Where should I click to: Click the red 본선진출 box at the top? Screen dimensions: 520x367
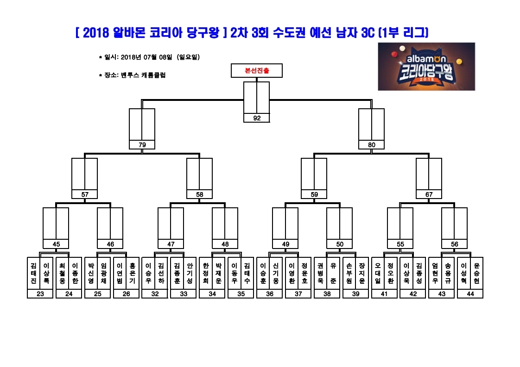[257, 70]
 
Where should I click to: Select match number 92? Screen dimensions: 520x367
[257, 118]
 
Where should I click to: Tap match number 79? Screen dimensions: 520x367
[142, 145]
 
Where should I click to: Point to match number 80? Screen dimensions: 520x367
[371, 145]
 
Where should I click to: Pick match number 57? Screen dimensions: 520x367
[84, 194]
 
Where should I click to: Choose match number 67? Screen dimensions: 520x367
[429, 194]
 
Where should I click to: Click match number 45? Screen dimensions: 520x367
[56, 244]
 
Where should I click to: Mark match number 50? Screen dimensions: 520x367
[340, 244]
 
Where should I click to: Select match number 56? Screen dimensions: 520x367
[454, 244]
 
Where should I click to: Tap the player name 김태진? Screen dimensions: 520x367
[33, 273]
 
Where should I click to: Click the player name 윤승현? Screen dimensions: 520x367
[476, 273]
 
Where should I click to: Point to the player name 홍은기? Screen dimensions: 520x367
[133, 273]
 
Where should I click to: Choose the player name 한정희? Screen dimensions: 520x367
[206, 273]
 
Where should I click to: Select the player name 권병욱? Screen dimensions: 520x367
[320, 273]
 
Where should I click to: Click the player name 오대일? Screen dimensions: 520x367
[378, 273]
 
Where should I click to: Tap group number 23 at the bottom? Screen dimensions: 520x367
[40, 294]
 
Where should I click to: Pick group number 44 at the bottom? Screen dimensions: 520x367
[470, 294]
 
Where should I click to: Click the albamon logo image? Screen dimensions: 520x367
[426, 67]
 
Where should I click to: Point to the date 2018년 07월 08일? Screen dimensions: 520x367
[146, 57]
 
